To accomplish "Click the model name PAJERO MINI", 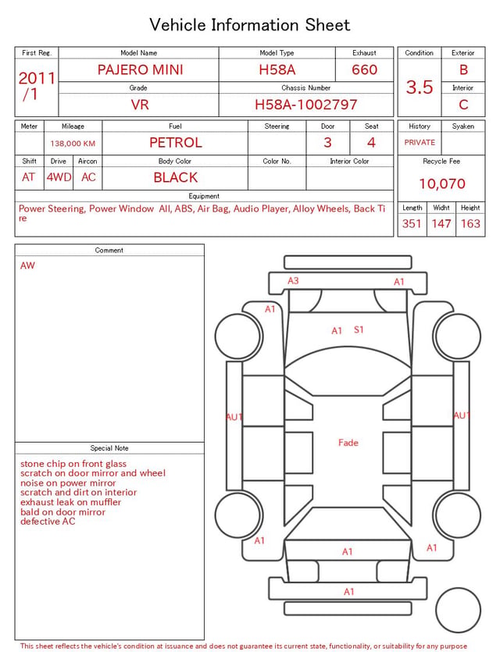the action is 140,69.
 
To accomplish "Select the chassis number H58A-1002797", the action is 305,105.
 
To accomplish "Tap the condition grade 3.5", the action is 420,87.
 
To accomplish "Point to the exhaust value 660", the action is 364,69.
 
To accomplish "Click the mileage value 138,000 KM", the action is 73,144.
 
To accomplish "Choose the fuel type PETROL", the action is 176,143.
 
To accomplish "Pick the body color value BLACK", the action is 176,177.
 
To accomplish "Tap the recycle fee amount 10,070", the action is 441,183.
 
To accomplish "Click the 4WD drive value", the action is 59,177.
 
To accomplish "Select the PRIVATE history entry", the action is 420,143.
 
